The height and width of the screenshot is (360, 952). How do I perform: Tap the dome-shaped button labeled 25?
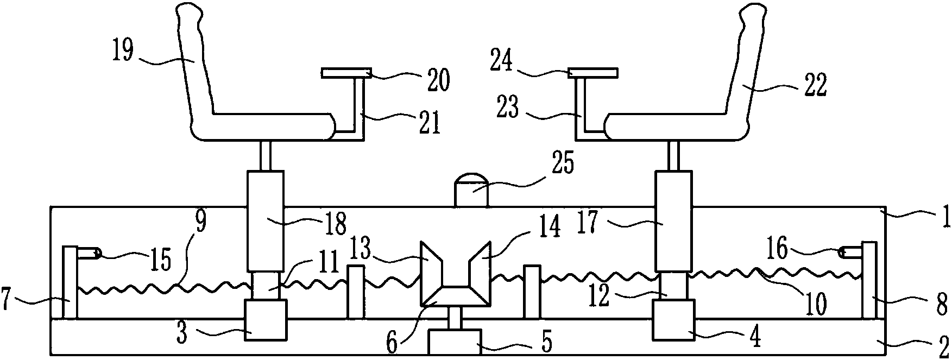coord(471,190)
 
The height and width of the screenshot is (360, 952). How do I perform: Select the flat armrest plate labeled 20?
coord(346,73)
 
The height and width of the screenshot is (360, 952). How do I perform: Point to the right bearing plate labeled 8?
coord(869,280)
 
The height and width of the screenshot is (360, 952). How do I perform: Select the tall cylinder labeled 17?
coord(674,221)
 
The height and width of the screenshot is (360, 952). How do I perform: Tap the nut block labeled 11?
coord(266,286)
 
